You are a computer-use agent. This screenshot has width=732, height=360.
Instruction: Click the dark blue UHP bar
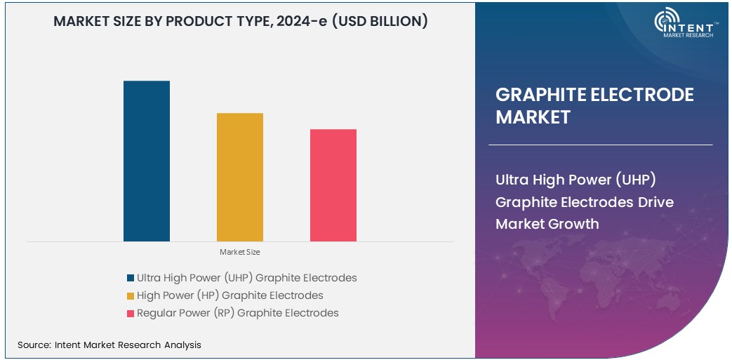coord(146,161)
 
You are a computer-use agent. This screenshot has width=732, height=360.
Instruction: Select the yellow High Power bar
coord(239,177)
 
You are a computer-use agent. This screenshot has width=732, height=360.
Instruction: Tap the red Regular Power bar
coord(333,185)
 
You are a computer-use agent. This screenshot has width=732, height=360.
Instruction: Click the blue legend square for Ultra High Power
coord(131,278)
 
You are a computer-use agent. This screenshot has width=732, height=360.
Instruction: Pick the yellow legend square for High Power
coord(131,295)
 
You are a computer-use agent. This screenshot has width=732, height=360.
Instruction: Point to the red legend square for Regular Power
coord(131,313)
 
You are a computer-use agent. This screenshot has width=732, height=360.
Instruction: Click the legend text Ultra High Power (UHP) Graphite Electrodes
coord(246,278)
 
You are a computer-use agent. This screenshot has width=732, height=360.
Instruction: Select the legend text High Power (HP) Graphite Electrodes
coord(229,295)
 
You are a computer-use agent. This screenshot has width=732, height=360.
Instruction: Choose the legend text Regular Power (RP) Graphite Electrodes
coord(237,313)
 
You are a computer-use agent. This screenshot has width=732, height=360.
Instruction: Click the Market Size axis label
coord(239,252)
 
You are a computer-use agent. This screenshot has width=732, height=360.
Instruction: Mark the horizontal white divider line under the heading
coord(600,145)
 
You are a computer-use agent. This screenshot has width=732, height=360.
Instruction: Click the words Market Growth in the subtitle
coord(547,224)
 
